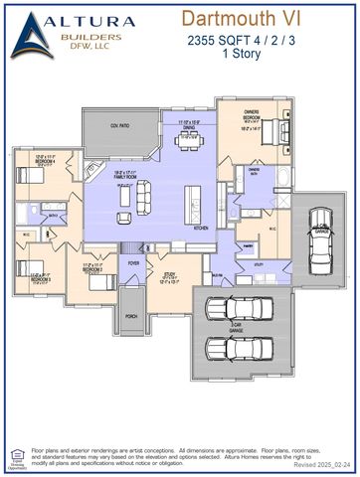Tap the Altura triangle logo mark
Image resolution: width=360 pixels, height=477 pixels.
[34, 33]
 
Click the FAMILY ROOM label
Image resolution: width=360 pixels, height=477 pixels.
[127, 175]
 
